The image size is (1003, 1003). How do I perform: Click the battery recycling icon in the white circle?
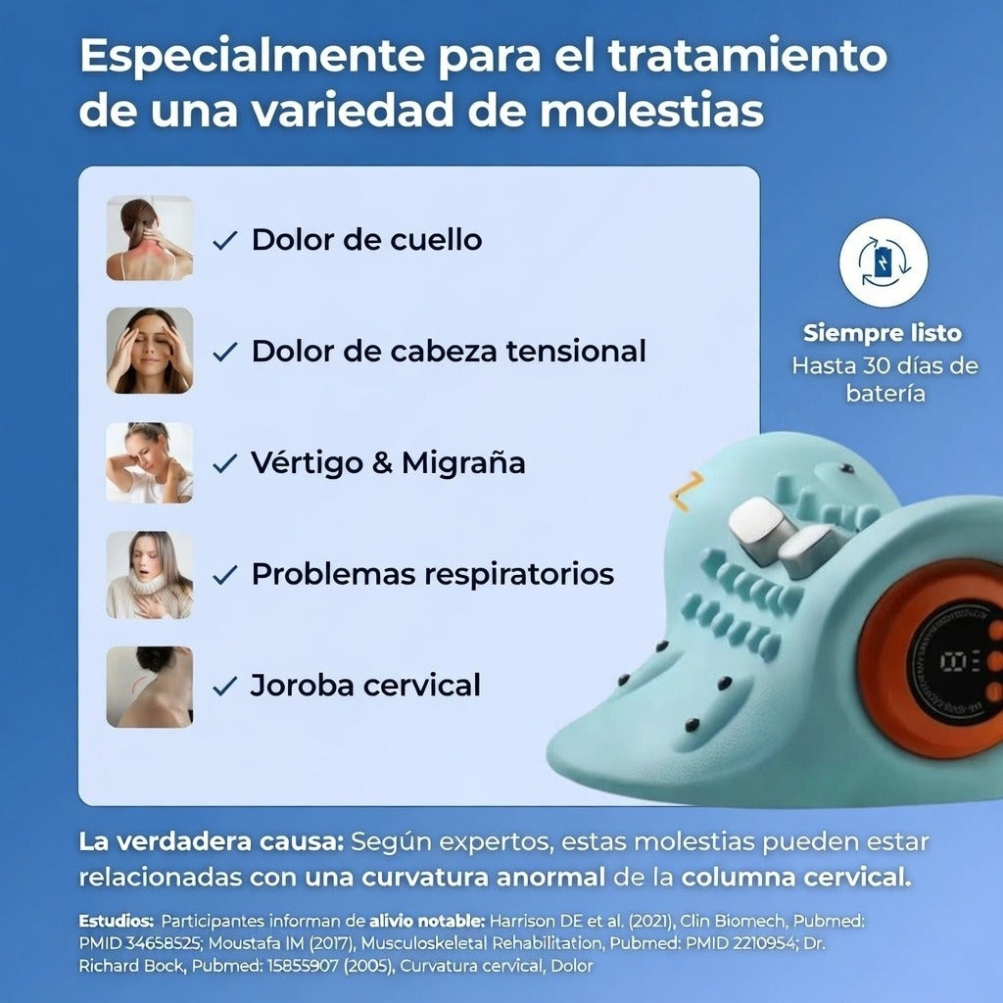884,263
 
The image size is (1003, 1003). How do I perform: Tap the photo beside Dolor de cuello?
149,238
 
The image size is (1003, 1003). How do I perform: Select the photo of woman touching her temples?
149,350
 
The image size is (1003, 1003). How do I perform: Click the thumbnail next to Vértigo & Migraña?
149,462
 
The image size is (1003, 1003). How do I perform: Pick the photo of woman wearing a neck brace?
149,574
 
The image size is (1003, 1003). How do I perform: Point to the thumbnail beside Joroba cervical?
149,687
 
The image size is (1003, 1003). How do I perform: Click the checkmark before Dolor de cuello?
224,241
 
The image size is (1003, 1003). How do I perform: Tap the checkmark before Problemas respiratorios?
224,574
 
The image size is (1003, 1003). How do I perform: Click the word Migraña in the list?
463,462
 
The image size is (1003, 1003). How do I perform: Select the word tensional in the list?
576,352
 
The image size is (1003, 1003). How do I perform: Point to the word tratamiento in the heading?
747,55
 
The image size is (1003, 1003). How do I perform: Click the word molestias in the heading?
651,110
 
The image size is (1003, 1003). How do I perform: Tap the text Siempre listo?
883,333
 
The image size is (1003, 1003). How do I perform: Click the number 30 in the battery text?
876,366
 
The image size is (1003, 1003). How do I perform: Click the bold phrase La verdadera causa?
212,841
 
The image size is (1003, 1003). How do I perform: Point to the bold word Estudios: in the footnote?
117,921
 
